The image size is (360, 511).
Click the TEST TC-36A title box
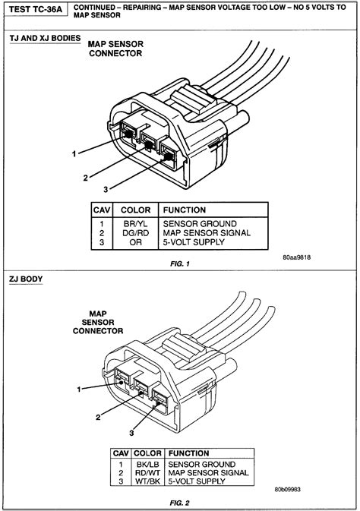[36, 9]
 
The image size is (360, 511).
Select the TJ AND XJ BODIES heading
[45, 39]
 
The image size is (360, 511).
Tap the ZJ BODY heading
[26, 279]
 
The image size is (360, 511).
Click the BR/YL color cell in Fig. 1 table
[135, 224]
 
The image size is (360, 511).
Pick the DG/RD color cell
[135, 233]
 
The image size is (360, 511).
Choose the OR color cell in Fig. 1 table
[135, 242]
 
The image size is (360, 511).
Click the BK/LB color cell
[147, 465]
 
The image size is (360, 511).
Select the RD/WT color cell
[147, 473]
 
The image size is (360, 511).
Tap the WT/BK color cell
[147, 481]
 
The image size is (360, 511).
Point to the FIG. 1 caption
[180, 264]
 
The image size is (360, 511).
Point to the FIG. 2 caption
[180, 503]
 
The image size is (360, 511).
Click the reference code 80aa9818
[296, 257]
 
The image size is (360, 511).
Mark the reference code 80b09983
[287, 490]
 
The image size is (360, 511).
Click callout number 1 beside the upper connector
[74, 153]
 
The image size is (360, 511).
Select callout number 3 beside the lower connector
[131, 433]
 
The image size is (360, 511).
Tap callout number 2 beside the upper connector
[85, 178]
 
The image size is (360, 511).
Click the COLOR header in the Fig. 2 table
[147, 453]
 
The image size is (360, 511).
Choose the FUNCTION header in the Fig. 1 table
[185, 210]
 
